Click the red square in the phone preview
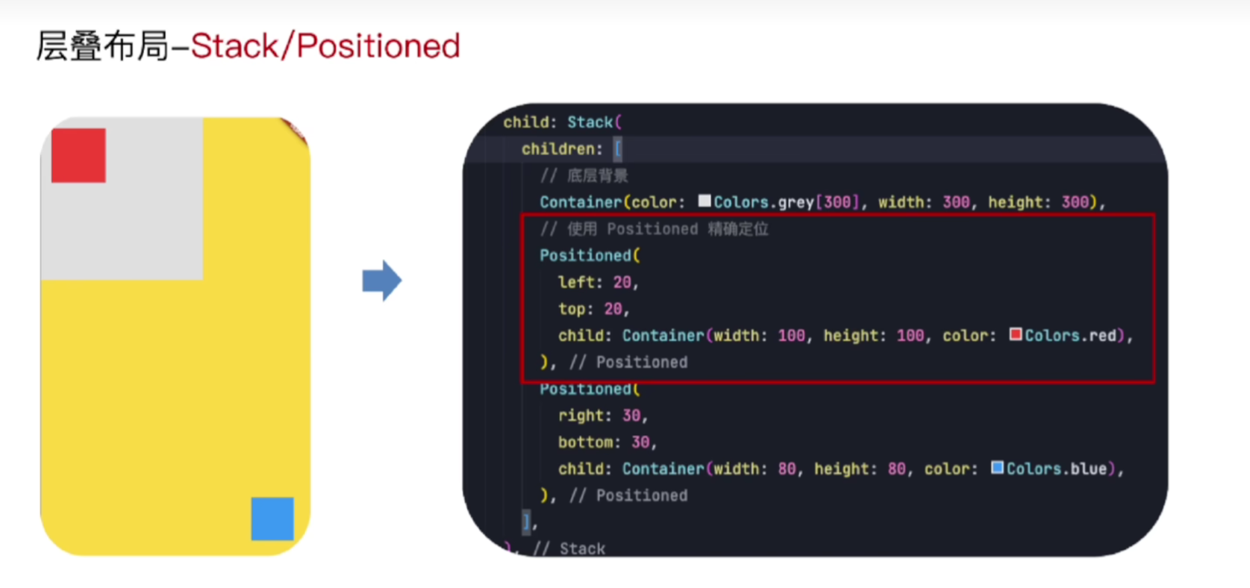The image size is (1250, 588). [78, 155]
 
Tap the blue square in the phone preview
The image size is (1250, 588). [272, 519]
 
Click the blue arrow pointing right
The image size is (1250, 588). [382, 281]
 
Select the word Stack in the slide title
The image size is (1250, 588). [234, 46]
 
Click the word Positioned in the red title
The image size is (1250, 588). [378, 46]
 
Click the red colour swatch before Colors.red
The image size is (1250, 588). [1016, 334]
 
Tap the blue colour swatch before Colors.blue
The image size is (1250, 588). [997, 468]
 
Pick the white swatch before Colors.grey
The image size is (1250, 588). [704, 201]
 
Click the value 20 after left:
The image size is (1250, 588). [622, 282]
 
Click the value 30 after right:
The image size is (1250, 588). [631, 416]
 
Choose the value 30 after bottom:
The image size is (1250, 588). [640, 442]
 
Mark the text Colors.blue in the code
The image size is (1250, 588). [1057, 469]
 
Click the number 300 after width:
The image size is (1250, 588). [956, 202]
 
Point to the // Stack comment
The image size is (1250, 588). [569, 549]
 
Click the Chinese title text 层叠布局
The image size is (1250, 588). [103, 46]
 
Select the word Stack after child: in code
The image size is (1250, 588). [590, 122]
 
